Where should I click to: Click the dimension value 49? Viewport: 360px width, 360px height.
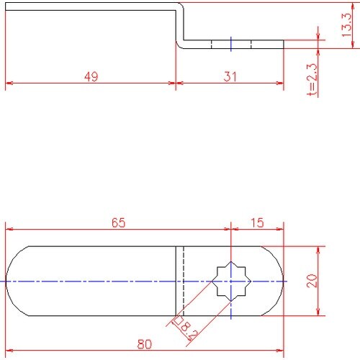[x=91, y=76]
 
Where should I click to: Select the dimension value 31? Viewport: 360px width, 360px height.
[x=230, y=76]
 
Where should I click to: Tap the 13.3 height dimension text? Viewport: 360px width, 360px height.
[x=346, y=24]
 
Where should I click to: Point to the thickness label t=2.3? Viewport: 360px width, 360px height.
[x=312, y=79]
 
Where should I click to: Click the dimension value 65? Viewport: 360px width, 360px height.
[x=118, y=222]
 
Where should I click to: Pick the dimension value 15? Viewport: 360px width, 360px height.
[x=257, y=222]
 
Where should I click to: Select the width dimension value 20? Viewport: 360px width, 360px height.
[x=312, y=281]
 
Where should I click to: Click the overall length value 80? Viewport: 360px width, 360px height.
[x=145, y=344]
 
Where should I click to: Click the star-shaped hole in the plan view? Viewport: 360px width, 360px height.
[x=231, y=281]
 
